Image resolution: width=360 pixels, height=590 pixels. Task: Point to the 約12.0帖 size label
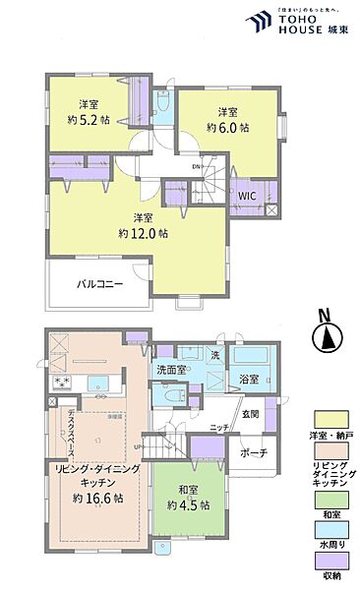pyautogui.click(x=142, y=234)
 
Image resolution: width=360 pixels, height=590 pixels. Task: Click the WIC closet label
pyautogui.click(x=246, y=195)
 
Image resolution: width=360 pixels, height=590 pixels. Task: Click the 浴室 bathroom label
pyautogui.click(x=247, y=379)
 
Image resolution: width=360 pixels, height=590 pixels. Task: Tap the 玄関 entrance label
pyautogui.click(x=251, y=414)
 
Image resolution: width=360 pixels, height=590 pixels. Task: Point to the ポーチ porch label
pyautogui.click(x=255, y=454)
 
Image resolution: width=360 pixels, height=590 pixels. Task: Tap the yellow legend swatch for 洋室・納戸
pyautogui.click(x=328, y=420)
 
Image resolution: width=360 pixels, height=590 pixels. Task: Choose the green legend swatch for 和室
pyautogui.click(x=328, y=499)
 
